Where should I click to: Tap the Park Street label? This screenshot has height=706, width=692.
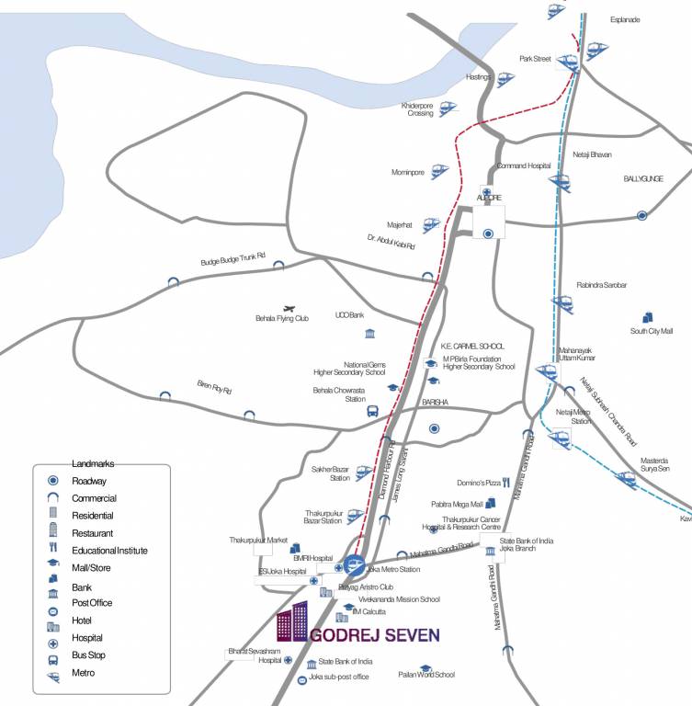click(535, 59)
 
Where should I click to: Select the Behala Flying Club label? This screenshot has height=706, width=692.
click(282, 318)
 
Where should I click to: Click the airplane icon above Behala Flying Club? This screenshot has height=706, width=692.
click(291, 308)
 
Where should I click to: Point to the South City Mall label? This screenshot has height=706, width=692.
click(652, 331)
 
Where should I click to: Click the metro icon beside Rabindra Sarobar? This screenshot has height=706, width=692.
click(561, 302)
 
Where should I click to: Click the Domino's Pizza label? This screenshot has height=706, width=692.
click(478, 483)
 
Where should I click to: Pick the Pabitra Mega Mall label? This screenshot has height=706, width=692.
click(457, 505)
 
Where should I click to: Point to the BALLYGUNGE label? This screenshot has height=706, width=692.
click(643, 179)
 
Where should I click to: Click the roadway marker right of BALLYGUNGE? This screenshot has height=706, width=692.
click(642, 215)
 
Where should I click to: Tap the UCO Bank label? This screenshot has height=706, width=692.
click(350, 313)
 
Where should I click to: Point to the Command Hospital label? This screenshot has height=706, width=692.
click(523, 166)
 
